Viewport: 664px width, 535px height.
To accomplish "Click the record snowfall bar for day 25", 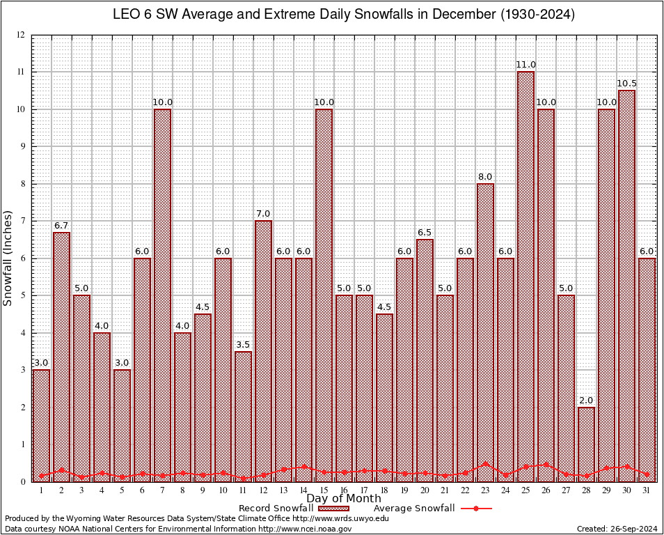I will [525, 279].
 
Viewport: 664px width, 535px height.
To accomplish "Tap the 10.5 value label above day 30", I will [626, 84].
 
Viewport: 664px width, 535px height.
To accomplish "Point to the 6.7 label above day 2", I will [61, 226].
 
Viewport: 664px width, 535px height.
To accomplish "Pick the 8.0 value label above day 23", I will [485, 177].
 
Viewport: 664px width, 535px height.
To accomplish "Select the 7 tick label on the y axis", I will [22, 222].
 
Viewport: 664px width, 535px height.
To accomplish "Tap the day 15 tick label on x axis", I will [324, 490].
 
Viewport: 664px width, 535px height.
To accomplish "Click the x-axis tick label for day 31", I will [647, 490].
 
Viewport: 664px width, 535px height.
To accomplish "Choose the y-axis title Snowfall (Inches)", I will [8, 258].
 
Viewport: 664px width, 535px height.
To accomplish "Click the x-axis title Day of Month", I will [343, 499].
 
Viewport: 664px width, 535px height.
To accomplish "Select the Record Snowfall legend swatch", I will [340, 509].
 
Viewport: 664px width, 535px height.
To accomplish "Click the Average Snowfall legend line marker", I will [475, 509].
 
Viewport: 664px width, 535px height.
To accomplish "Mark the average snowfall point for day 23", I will [485, 464].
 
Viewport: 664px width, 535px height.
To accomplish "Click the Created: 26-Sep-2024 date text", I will [617, 529].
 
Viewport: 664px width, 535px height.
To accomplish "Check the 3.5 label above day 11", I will [243, 345].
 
